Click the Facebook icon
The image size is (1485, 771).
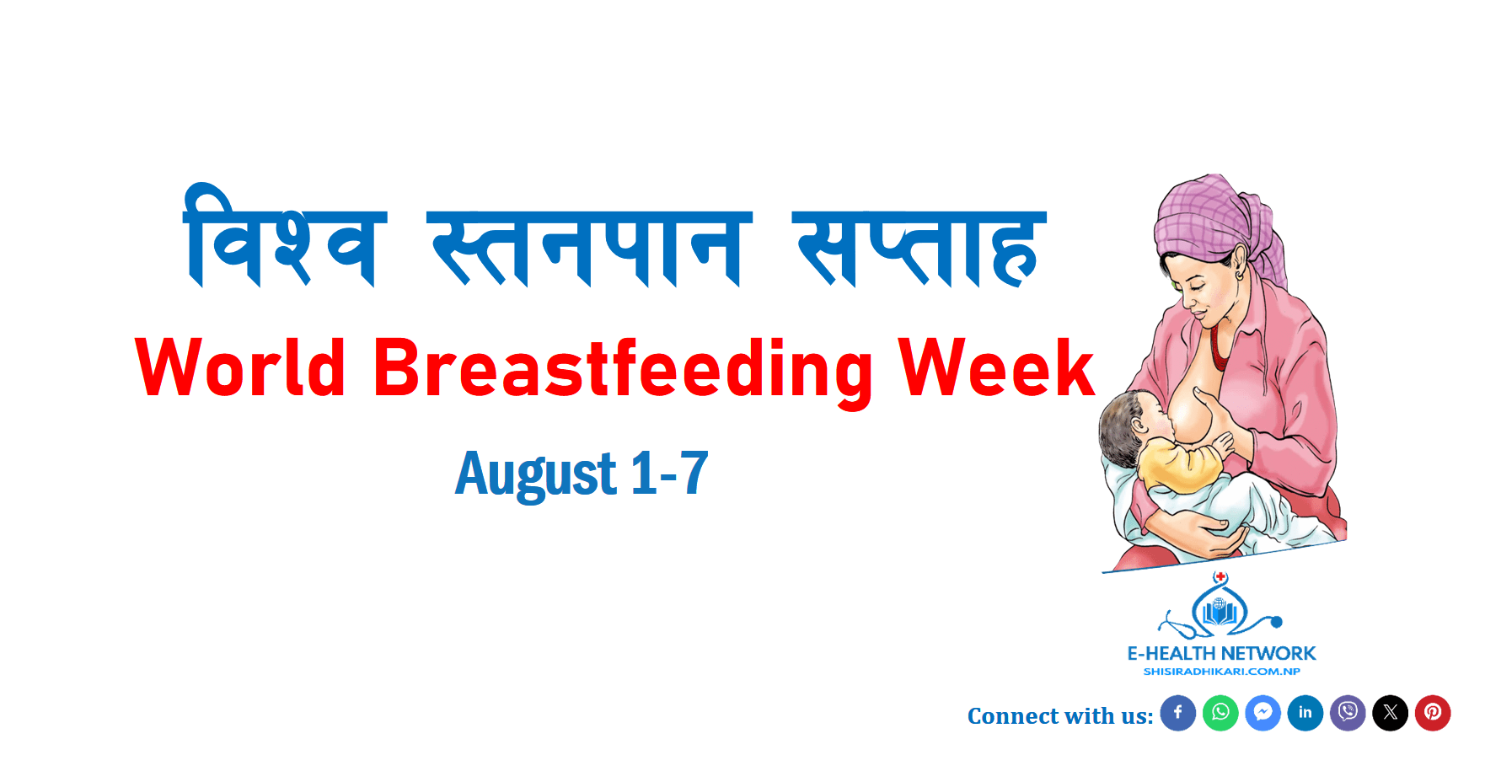coord(1178,713)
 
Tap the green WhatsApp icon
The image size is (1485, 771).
coord(1220,713)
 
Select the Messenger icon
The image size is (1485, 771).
coord(1263,713)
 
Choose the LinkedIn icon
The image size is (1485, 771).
coord(1305,713)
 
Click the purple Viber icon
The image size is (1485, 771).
coord(1348,713)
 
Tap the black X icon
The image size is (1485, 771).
coord(1391,713)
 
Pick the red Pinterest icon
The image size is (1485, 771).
coord(1433,713)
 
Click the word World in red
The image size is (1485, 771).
coord(240,367)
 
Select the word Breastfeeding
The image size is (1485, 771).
coord(623,371)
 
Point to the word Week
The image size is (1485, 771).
coord(996,367)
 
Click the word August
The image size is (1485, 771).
coord(536,474)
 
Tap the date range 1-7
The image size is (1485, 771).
coord(669,473)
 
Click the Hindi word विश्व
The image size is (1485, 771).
coord(285,236)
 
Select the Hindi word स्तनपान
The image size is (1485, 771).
coord(589,249)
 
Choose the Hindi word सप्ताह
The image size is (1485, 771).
coord(919,249)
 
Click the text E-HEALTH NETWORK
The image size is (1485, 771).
coord(1221,653)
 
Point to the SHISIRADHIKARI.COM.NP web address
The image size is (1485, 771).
coord(1221,672)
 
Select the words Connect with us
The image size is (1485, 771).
coord(1060,716)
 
